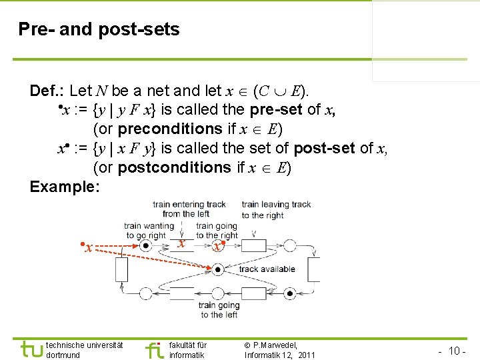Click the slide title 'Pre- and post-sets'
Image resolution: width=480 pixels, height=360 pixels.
pyautogui.click(x=99, y=29)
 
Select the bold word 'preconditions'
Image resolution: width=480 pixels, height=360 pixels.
pyautogui.click(x=169, y=129)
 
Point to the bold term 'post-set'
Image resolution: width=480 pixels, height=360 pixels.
pyautogui.click(x=324, y=148)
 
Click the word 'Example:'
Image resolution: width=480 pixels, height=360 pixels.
pyautogui.click(x=65, y=187)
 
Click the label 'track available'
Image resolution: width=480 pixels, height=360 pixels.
pyautogui.click(x=267, y=269)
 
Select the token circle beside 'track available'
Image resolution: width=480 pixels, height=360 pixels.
pyautogui.click(x=217, y=269)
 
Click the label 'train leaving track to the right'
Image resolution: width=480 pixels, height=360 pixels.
pyautogui.click(x=276, y=210)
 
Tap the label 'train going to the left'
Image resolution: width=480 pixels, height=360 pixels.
pyautogui.click(x=219, y=310)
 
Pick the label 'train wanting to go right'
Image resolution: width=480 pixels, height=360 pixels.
pyautogui.click(x=149, y=231)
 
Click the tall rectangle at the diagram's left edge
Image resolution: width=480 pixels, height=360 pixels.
pyautogui.click(x=121, y=269)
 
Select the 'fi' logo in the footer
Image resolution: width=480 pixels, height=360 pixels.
pyautogui.click(x=154, y=349)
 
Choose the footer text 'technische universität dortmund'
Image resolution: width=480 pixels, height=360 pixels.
pyautogui.click(x=84, y=350)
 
